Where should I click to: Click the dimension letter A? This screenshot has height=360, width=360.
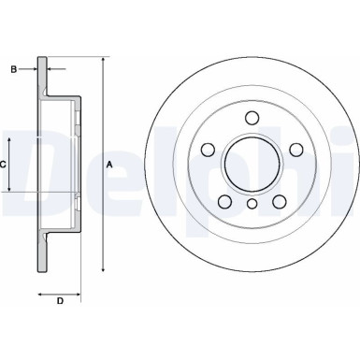click(x=110, y=165)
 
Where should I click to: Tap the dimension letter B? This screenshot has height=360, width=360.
click(x=13, y=67)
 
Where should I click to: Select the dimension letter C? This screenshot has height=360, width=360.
click(x=5, y=164)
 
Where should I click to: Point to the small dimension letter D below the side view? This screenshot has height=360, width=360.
click(x=59, y=300)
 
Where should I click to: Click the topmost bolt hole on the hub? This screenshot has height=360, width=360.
click(x=252, y=117)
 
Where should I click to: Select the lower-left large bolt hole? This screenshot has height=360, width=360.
click(x=224, y=202)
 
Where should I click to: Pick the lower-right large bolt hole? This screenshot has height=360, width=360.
click(x=278, y=202)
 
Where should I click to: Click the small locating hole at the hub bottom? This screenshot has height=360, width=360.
click(x=252, y=205)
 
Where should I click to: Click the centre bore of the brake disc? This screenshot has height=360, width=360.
click(x=252, y=165)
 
